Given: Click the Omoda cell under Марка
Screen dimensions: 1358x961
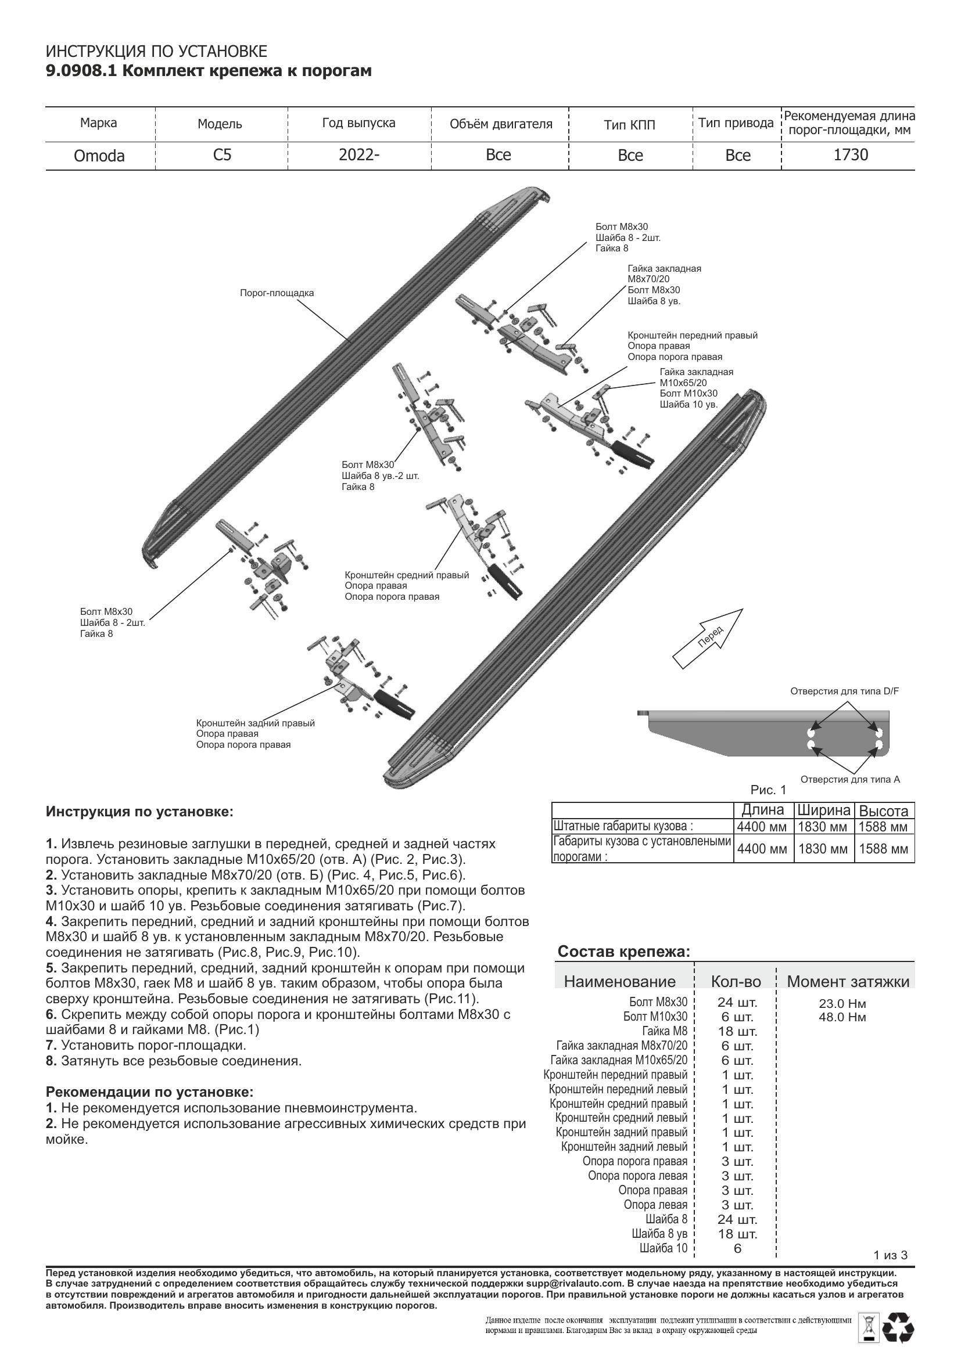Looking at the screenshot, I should click(99, 156).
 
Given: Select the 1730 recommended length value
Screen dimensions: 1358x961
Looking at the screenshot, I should click(851, 155).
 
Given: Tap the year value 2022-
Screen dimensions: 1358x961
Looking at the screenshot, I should click(358, 155).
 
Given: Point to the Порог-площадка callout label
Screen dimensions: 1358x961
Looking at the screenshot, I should click(277, 293).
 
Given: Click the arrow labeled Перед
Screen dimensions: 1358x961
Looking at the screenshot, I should click(708, 638).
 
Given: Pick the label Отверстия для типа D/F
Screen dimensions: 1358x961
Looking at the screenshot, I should click(844, 691).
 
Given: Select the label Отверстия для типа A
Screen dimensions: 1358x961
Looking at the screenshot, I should click(850, 780).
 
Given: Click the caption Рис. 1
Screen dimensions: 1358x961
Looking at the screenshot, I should click(768, 790).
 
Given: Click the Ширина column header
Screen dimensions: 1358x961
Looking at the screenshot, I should click(824, 811).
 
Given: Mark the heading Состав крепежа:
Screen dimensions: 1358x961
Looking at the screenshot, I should click(623, 952).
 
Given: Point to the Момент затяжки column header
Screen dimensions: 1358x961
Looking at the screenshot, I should click(847, 982).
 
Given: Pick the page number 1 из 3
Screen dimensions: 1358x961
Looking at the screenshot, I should click(890, 1271).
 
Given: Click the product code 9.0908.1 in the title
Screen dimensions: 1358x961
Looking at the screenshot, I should click(83, 71).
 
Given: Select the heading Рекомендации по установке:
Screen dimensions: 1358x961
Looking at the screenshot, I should click(149, 1092).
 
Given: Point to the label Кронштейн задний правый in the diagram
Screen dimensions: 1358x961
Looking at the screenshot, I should click(255, 723).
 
